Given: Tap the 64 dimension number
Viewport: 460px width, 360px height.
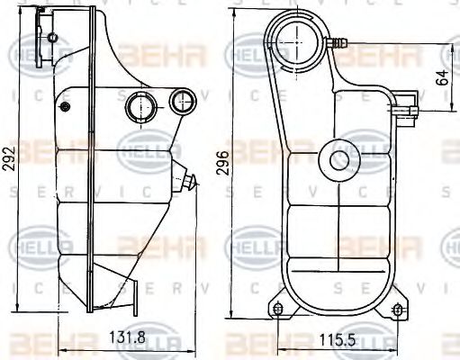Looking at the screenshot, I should point(441,76).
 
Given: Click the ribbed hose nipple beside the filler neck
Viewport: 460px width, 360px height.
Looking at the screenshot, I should point(340,41).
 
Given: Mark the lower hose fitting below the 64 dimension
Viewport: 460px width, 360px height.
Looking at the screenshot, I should point(413,112).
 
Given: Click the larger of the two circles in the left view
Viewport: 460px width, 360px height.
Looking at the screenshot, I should point(140,105).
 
